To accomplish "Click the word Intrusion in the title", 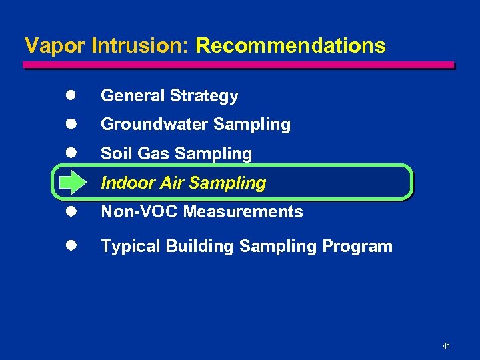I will click(x=141, y=45).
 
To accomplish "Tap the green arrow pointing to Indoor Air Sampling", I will click(x=69, y=183).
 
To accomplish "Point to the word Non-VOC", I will click(x=139, y=212).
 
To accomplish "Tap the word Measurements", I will click(x=243, y=212).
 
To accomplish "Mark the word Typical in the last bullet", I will click(x=131, y=247).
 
